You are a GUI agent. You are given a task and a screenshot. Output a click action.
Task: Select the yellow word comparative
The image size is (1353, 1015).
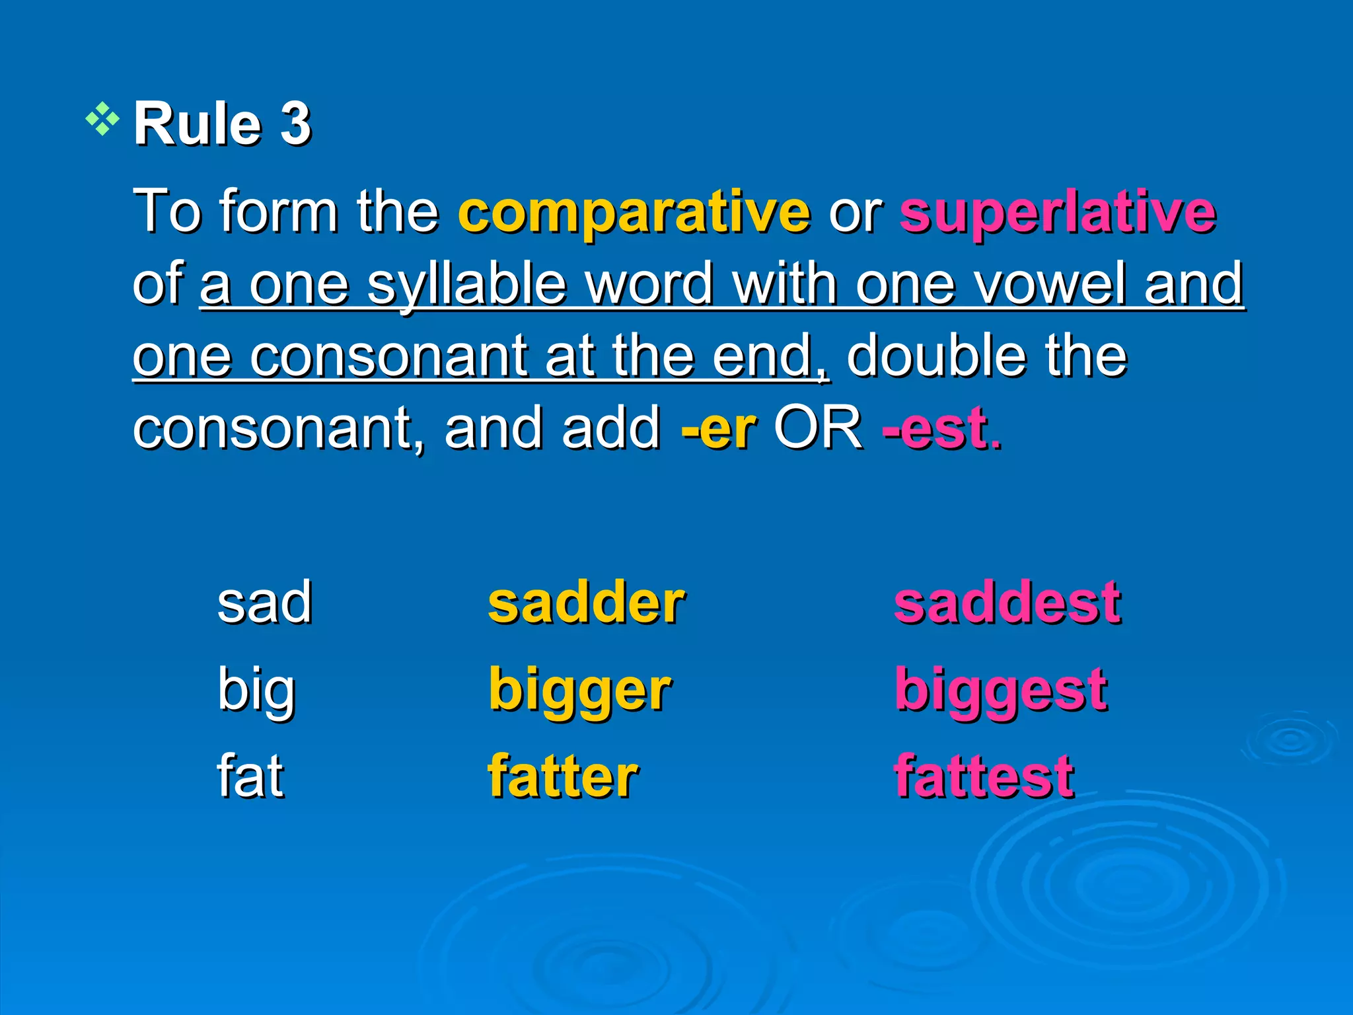click(634, 213)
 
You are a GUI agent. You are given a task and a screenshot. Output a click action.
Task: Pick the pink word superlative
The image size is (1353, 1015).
click(1058, 213)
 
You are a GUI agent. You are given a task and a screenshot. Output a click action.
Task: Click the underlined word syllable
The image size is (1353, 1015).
click(467, 285)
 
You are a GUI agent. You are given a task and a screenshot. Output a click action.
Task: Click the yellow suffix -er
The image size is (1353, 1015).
click(718, 430)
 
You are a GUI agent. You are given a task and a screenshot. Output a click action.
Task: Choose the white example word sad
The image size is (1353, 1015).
click(264, 603)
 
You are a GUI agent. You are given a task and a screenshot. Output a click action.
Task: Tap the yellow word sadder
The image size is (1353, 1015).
click(586, 603)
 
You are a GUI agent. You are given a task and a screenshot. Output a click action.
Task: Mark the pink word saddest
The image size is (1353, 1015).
click(1007, 603)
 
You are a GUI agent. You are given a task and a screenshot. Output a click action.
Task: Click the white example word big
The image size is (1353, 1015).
click(256, 691)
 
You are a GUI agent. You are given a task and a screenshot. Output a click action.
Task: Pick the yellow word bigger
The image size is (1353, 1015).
click(579, 691)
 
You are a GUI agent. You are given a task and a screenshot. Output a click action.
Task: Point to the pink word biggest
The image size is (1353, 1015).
click(1000, 691)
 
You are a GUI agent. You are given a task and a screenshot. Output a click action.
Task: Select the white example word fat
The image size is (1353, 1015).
click(250, 776)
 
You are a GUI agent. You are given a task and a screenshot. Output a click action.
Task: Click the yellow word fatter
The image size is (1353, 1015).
click(563, 776)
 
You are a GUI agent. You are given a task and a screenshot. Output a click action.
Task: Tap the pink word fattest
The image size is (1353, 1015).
click(984, 776)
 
